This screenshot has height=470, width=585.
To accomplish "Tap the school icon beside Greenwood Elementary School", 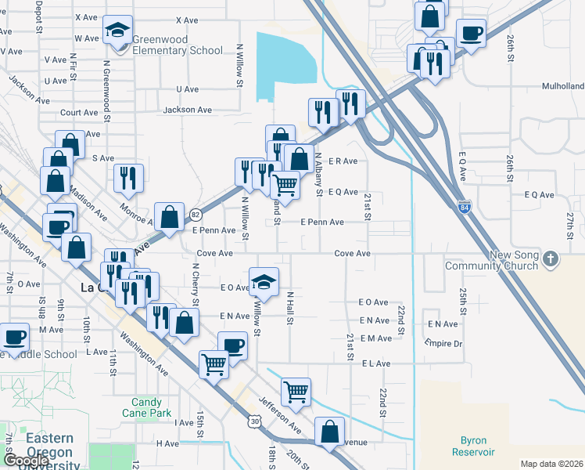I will pyautogui.click(x=117, y=32).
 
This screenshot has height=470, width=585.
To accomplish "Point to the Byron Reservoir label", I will pyautogui.click(x=473, y=446).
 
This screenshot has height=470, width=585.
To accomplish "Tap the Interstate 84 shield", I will pyautogui.click(x=465, y=206).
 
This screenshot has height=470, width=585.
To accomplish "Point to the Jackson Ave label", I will pyautogui.click(x=188, y=110).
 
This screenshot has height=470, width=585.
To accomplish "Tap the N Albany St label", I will pyautogui.click(x=318, y=174).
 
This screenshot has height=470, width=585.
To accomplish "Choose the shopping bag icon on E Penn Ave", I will pyautogui.click(x=170, y=216).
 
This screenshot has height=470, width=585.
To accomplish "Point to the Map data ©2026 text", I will pyautogui.click(x=551, y=464).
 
